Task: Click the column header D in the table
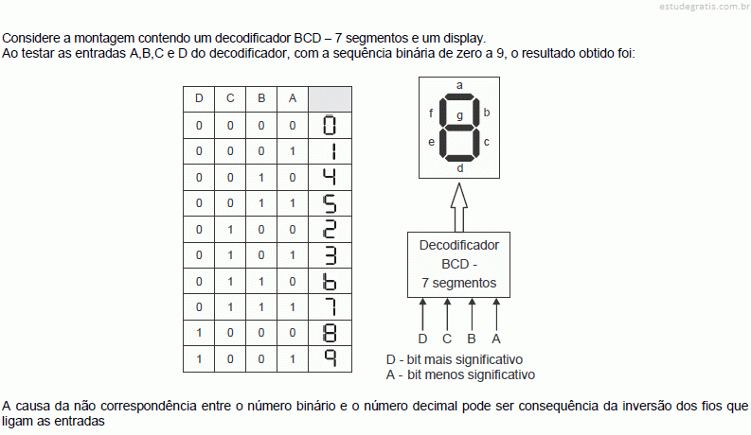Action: pyautogui.click(x=199, y=98)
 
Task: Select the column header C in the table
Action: pyautogui.click(x=230, y=98)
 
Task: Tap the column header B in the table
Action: pyautogui.click(x=261, y=98)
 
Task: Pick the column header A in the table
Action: pyautogui.click(x=293, y=98)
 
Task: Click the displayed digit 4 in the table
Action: pyautogui.click(x=330, y=177)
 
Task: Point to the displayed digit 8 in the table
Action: pyautogui.click(x=330, y=333)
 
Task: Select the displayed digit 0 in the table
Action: pyautogui.click(x=330, y=125)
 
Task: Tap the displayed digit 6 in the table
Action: pyautogui.click(x=330, y=281)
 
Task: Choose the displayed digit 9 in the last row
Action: pyautogui.click(x=330, y=358)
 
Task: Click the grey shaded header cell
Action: pyautogui.click(x=330, y=99)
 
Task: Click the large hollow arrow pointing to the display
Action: pyautogui.click(x=458, y=207)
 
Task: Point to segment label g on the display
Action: pyautogui.click(x=460, y=115)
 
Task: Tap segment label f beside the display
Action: pyautogui.click(x=431, y=113)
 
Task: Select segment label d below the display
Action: pyautogui.click(x=460, y=168)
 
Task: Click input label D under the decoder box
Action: pyautogui.click(x=422, y=339)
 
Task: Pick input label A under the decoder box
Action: pyautogui.click(x=496, y=339)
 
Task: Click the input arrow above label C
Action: pyautogui.click(x=447, y=314)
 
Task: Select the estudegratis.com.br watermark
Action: pyautogui.click(x=704, y=7)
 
